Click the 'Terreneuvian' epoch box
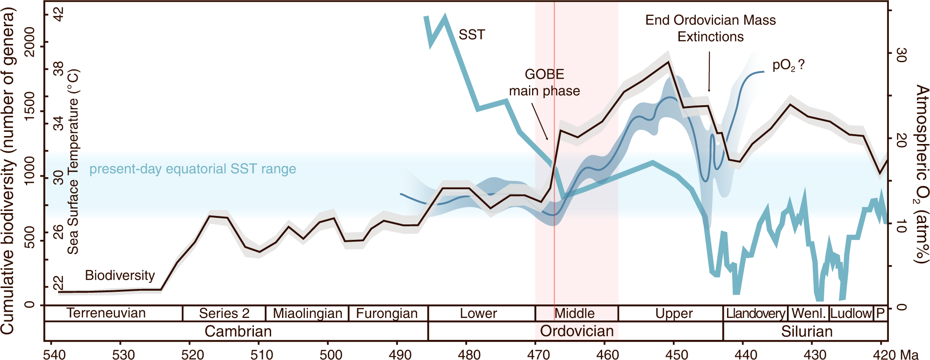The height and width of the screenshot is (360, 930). pos(106,313)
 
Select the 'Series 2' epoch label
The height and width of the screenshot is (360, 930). pos(224,313)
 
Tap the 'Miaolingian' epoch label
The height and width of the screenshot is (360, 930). pos(307,313)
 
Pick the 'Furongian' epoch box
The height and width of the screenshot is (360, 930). pos(387,313)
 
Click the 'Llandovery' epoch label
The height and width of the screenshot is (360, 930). pos(755,313)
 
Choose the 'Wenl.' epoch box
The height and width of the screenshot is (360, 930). pos(809,313)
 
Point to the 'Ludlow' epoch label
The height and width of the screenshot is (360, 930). pos(851,313)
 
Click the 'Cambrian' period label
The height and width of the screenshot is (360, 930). pos(238,331)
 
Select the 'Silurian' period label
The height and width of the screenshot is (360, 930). pos(807,331)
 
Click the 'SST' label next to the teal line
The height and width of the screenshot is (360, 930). pos(471,35)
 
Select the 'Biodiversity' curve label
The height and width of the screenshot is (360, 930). pos(120,275)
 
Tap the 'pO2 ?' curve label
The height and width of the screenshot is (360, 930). pos(788,65)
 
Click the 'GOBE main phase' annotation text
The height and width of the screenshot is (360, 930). pos(544,83)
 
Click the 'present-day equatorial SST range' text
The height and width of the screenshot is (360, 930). pos(193,169)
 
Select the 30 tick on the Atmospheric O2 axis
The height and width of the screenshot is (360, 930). pos(900,55)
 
